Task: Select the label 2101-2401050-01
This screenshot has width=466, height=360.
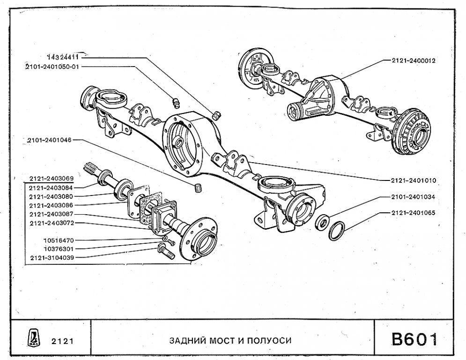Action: (x=52, y=67)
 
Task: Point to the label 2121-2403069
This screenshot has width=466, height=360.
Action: (x=51, y=179)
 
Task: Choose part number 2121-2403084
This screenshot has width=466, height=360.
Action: (x=51, y=187)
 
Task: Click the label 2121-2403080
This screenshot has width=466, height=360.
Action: (x=51, y=196)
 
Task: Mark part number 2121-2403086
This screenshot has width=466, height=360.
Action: (x=51, y=205)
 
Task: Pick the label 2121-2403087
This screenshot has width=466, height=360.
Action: (x=51, y=214)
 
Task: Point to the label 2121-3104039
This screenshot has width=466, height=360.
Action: (x=51, y=257)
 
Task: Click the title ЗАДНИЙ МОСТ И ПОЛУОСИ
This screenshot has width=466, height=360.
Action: (x=230, y=340)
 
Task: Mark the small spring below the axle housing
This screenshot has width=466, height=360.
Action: (x=197, y=188)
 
